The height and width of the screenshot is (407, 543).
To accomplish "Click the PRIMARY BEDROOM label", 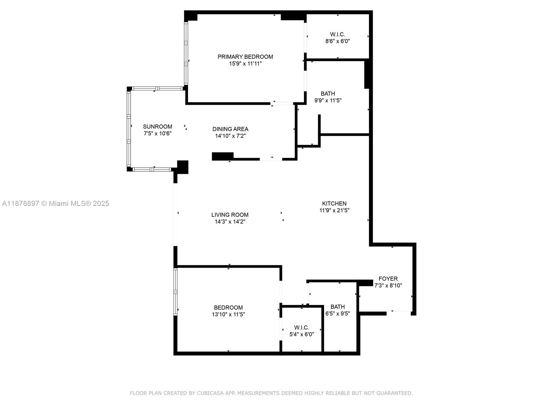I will click(245, 57).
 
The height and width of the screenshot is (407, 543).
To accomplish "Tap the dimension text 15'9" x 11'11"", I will click(245, 64).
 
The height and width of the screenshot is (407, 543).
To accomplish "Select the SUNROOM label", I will click(157, 127).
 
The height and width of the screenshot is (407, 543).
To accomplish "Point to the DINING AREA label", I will click(230, 129).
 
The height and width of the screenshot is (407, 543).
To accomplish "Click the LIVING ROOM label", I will click(230, 215).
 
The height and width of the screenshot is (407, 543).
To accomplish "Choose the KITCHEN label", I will click(334, 203).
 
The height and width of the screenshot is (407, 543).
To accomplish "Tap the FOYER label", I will click(388, 279).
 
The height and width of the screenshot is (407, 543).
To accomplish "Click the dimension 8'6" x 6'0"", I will click(337, 41).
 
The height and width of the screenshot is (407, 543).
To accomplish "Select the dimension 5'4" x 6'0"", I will click(301, 334).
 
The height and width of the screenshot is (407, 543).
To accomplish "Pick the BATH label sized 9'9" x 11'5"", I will click(328, 94).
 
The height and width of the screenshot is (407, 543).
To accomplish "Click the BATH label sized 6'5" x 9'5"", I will click(337, 307).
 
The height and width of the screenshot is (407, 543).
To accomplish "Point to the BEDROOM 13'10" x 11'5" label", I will click(228, 308).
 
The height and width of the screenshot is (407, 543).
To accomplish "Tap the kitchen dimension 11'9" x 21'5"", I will click(334, 210).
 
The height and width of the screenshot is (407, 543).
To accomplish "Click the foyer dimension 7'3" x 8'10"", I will click(388, 286).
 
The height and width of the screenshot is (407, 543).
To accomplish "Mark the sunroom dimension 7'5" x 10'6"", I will click(157, 134).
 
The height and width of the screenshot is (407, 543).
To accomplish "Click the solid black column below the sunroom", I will click(183, 167).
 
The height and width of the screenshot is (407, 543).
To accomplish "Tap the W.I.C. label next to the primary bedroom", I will click(337, 34).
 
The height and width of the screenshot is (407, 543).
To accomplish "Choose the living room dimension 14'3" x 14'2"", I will click(230, 222).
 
